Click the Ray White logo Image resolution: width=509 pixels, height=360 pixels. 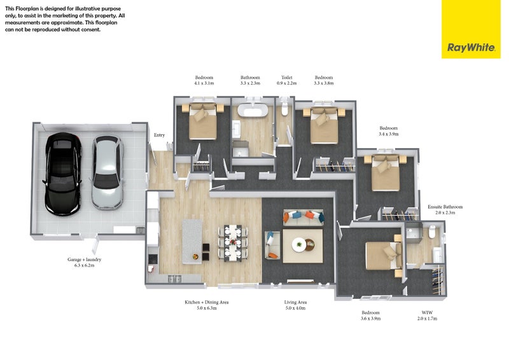point(471,48)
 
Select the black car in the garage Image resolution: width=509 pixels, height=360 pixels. point(62,174)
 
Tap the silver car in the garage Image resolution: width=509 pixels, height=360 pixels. point(108,173)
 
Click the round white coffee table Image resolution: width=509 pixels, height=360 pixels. point(298,244)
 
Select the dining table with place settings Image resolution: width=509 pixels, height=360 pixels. point(233,242)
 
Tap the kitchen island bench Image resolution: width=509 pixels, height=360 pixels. point(192,242)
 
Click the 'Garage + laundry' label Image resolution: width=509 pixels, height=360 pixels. point(85,260)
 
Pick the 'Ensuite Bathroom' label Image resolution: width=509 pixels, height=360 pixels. point(445,207)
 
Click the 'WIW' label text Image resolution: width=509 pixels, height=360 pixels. point(427,312)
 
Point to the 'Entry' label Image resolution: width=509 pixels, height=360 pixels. point(160,135)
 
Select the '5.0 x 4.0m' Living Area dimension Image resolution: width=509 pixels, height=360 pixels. point(295,308)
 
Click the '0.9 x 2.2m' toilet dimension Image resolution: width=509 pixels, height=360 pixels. point(287,83)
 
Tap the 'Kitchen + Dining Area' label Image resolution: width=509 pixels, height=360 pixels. point(206,302)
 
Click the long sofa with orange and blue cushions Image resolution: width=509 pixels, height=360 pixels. point(303,217)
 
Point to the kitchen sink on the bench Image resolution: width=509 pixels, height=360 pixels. point(174,279)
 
